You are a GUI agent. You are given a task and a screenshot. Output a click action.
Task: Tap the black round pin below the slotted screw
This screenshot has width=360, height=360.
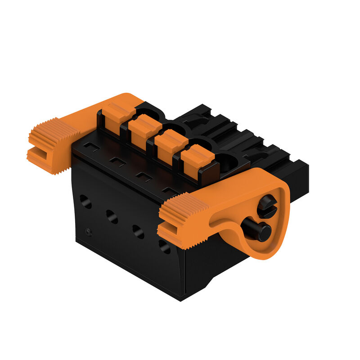[x=261, y=232]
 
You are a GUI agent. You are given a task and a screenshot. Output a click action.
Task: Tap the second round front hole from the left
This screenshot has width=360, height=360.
[x=112, y=216]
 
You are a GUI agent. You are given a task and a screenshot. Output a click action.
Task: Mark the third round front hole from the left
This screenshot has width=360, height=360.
[x=138, y=231]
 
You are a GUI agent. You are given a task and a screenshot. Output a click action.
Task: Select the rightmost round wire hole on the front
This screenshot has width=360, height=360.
[x=165, y=246]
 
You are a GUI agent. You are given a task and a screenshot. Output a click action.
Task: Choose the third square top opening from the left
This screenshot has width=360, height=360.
[x=144, y=176]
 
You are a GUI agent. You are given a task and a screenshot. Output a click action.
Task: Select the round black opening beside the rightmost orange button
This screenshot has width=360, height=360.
[x=228, y=163]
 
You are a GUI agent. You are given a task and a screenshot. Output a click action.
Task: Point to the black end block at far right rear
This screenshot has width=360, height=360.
[x=299, y=175]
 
